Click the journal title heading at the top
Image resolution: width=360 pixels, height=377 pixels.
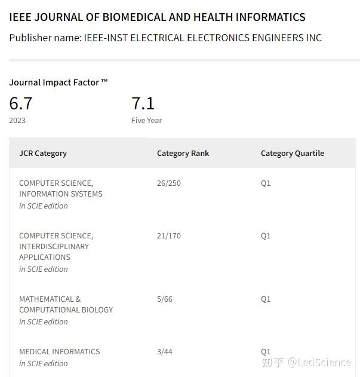coord(157,17)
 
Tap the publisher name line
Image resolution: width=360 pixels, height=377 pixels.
coord(165,38)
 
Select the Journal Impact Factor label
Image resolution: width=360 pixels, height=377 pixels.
coord(58,82)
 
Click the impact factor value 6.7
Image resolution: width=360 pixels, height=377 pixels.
coord(21,103)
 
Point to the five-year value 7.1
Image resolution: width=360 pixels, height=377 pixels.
coord(143,103)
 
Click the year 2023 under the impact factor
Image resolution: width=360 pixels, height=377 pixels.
coord(17,120)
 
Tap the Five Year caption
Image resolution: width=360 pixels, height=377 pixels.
coord(146,120)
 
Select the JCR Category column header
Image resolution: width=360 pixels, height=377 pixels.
coord(43,153)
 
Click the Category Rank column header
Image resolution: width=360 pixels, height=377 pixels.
coord(183,153)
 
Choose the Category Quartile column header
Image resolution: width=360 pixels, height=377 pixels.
coord(292,153)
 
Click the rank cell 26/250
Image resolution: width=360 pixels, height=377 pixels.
coord(168,183)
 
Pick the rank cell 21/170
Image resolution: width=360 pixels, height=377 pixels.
coord(168,235)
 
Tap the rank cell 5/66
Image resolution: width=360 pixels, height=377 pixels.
coord(164,299)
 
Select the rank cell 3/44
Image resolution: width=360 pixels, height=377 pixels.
coord(164,351)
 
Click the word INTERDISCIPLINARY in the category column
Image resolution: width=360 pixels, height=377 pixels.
coord(54,246)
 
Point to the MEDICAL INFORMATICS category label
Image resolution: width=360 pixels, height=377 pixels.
coord(59,351)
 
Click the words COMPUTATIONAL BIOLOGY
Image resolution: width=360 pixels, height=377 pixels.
coord(66,309)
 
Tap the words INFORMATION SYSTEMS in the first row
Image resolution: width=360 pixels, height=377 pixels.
coord(60,194)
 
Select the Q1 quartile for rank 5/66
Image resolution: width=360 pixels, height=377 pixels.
coord(266,299)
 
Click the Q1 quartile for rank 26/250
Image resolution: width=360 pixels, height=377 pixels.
coord(266,183)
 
